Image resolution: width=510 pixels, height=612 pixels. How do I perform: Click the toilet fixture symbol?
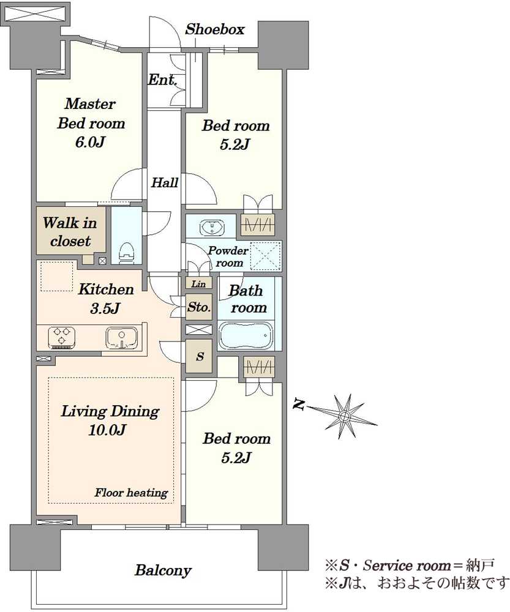pos(126,253)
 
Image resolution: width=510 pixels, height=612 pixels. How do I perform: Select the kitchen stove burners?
pos(62,337)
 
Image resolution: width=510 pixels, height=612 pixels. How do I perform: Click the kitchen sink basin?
pos(121,338)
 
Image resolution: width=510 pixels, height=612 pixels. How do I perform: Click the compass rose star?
pos(344,416)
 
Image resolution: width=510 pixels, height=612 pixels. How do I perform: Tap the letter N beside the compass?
pos(299,405)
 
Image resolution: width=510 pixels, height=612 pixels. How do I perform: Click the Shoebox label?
pos(215,29)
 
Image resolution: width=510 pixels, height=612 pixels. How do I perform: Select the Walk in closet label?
pos(70,232)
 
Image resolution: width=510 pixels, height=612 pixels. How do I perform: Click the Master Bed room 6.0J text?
pos(91,123)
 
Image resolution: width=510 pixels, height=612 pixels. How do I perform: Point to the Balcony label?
pos(163,570)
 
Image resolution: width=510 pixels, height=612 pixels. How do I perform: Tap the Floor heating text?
pos(131,493)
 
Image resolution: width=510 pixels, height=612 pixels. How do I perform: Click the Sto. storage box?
pos(199,307)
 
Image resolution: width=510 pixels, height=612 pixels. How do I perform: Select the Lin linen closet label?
pos(199,284)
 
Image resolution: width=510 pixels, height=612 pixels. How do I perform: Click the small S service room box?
pos(199,356)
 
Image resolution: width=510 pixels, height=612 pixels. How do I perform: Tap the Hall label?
pos(165,182)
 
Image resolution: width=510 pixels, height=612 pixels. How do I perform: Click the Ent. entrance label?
pos(162,80)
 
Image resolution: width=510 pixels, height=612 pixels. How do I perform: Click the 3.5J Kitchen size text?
pos(105,308)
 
